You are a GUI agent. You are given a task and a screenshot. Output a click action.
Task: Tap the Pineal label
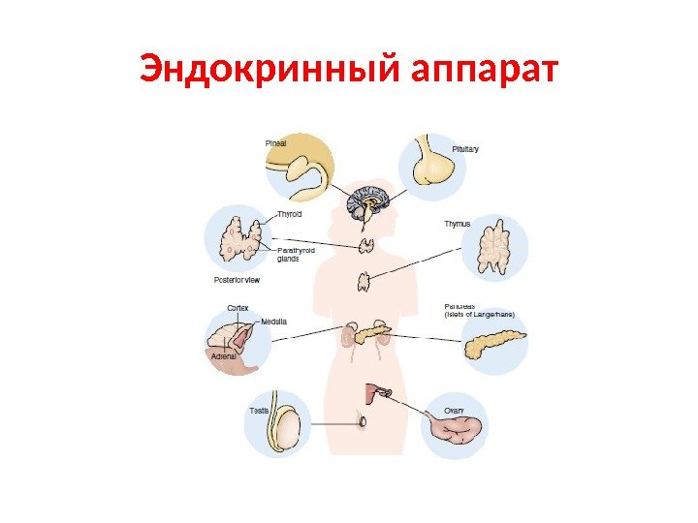click(277, 143)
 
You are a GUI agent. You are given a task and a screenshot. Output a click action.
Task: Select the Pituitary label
click(465, 148)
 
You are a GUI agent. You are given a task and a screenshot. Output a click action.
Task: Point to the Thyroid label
click(290, 214)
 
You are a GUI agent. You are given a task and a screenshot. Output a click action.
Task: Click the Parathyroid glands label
click(297, 254)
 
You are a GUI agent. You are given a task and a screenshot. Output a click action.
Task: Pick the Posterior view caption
click(237, 280)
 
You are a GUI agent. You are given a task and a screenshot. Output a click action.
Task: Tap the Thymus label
click(457, 224)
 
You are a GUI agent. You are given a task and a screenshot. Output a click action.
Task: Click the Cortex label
click(238, 307)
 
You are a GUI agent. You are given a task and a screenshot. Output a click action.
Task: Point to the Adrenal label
click(224, 355)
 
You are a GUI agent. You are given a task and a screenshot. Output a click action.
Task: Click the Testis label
click(259, 411)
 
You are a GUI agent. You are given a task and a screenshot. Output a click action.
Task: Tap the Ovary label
click(455, 410)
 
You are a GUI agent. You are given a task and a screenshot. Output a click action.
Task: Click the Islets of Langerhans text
click(479, 315)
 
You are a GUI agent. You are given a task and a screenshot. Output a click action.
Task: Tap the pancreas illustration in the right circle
click(494, 345)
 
